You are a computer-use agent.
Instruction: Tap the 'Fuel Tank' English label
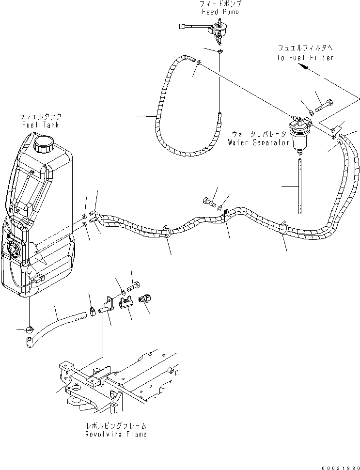click(40, 125)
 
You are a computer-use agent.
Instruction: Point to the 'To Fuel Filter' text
click(305, 58)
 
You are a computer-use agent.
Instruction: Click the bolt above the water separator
click(324, 105)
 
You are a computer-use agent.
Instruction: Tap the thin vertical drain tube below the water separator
click(301, 184)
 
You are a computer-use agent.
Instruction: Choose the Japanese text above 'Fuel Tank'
click(40, 117)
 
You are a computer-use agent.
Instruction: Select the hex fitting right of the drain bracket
click(145, 299)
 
